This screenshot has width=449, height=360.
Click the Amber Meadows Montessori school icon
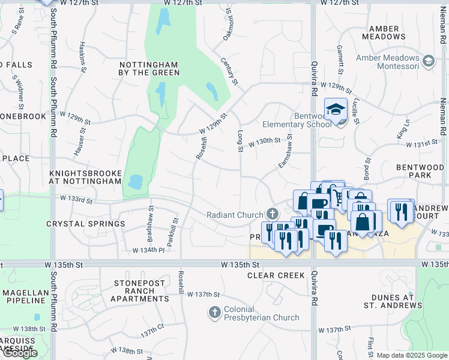click(x=429, y=61)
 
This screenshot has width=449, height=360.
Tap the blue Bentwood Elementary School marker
click(x=336, y=109)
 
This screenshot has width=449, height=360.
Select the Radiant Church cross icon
click(x=272, y=214)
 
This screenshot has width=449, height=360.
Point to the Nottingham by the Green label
click(x=149, y=68)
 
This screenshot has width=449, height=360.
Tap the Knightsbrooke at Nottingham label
click(x=85, y=176)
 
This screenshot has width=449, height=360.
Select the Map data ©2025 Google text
click(x=412, y=355)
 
